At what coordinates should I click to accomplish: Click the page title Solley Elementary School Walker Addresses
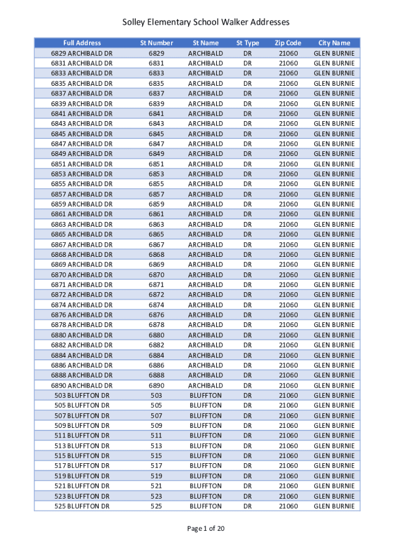[206, 22]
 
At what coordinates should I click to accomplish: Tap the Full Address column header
[82, 43]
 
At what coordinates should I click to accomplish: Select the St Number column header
[157, 43]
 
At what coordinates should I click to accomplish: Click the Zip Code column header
[288, 43]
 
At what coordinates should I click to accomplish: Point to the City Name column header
[334, 43]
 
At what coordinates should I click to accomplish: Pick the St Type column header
[248, 43]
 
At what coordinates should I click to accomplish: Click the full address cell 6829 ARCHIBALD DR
[82, 53]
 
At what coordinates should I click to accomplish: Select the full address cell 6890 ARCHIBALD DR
[82, 385]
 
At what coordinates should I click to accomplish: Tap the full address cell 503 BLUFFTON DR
[82, 395]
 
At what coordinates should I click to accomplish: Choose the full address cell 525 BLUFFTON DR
[82, 506]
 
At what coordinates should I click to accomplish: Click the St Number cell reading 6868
[157, 255]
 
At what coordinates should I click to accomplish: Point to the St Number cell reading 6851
[157, 164]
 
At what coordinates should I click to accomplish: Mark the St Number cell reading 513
[157, 446]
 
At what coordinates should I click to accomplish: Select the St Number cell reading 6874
[157, 305]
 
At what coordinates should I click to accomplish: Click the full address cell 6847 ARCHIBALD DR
[82, 144]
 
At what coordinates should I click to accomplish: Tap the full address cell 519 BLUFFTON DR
[82, 476]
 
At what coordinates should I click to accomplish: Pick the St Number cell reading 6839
[157, 103]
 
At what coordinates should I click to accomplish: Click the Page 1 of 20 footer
[206, 529]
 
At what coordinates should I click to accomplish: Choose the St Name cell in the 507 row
[205, 416]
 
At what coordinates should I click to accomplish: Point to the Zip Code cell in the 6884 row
[288, 355]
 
